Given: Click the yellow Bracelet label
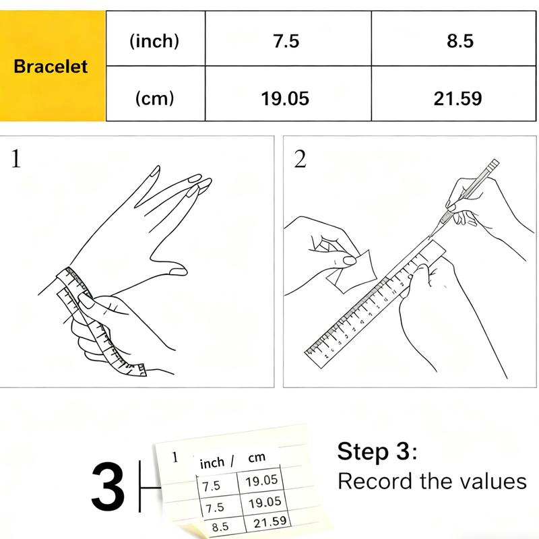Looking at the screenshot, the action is (x=51, y=66).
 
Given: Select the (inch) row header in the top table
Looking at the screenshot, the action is (x=154, y=41).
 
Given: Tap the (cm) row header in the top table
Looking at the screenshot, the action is (x=154, y=98).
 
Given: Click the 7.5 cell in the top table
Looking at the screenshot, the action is (x=286, y=41).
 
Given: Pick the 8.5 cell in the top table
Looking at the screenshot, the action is (x=460, y=41).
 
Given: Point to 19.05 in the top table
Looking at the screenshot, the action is (x=285, y=98).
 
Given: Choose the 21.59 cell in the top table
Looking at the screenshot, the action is (x=457, y=98).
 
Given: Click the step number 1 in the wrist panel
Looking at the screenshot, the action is (x=15, y=159).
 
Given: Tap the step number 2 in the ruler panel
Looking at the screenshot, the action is (x=300, y=159).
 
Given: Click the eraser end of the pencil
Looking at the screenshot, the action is (x=494, y=164).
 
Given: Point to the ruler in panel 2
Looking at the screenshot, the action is (x=375, y=305).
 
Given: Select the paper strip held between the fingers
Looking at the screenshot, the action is (x=351, y=272).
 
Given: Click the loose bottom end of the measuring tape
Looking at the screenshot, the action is (x=141, y=370).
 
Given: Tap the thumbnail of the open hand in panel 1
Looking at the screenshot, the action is (x=179, y=272).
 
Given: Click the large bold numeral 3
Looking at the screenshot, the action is (x=108, y=486).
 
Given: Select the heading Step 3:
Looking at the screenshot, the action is (x=377, y=451).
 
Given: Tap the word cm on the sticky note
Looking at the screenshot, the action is (x=257, y=457).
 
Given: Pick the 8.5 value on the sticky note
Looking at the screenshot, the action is (x=220, y=527).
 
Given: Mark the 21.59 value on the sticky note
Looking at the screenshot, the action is (x=270, y=522).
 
